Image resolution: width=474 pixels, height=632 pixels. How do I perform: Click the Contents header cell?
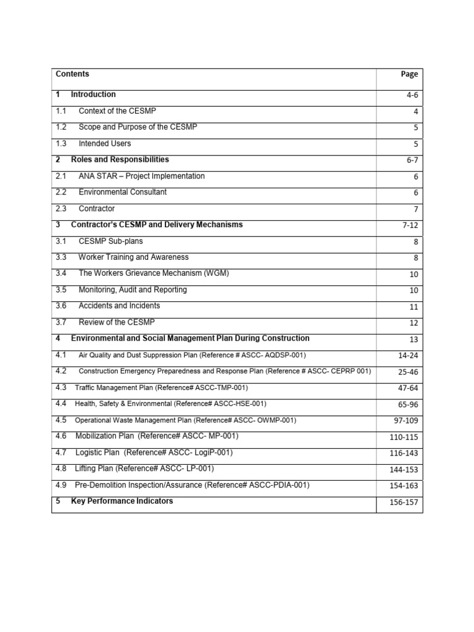tap(72, 74)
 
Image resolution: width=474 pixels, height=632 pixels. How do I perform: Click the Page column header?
tap(409, 74)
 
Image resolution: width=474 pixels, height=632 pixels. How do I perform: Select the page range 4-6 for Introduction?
tap(411, 96)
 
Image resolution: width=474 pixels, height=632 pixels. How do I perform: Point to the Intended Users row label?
tap(105, 143)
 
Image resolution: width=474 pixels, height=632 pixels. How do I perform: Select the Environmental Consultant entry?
tap(122, 192)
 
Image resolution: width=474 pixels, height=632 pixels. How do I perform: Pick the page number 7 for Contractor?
tap(416, 210)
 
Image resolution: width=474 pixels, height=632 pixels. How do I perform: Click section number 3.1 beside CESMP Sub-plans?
tap(60, 241)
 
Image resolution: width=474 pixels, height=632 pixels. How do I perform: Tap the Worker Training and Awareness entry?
tap(133, 257)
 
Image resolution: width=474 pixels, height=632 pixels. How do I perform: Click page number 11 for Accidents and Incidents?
tap(414, 307)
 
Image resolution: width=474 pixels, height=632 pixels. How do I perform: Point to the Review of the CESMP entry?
tap(117, 322)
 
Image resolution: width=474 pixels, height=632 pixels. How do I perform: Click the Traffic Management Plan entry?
tap(161, 388)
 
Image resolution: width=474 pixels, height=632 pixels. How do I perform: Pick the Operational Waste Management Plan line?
tap(185, 420)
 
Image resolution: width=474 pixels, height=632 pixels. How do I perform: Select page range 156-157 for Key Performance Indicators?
tap(404, 502)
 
